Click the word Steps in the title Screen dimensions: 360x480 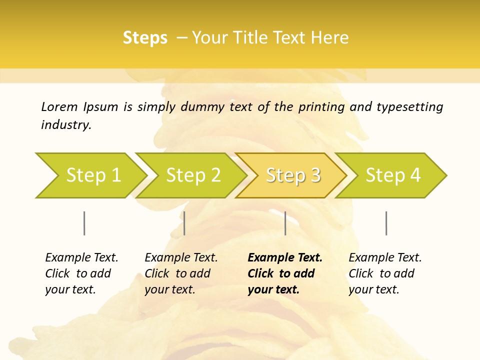pos(145,38)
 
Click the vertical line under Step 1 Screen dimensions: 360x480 pos(84,223)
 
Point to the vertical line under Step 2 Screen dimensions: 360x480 pos(184,223)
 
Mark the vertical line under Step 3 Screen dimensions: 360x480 pos(285,223)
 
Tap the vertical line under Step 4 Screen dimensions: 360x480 pos(386,223)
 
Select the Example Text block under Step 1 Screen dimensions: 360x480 pos(81,273)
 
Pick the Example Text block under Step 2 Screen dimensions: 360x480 pos(181,273)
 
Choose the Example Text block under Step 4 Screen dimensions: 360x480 pos(385,273)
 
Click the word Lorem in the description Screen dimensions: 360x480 pos(59,107)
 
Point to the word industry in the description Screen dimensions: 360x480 pos(66,125)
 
